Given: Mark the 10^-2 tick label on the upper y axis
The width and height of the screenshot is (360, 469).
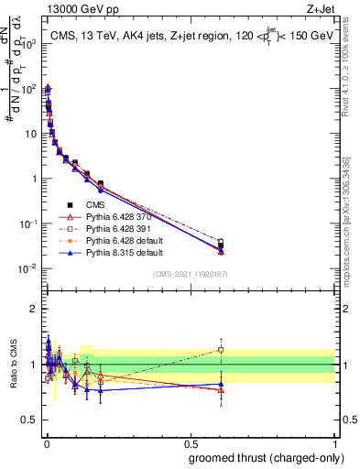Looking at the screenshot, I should [x=29, y=268].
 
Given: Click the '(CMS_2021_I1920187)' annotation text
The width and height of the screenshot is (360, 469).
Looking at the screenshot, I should [x=190, y=273].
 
